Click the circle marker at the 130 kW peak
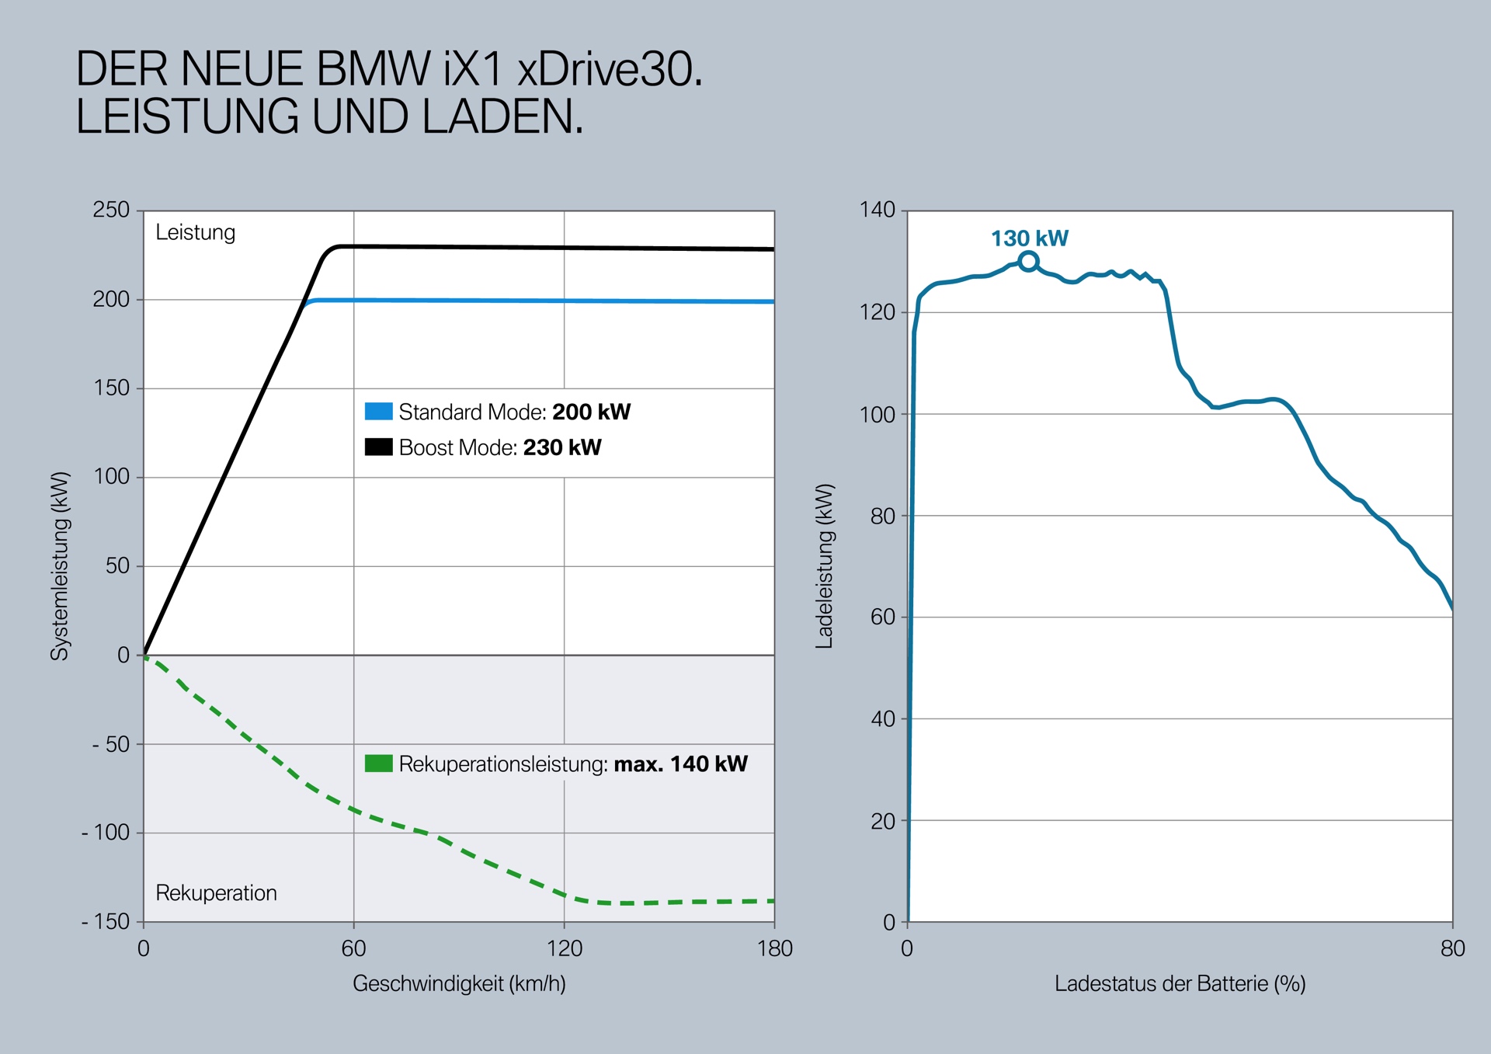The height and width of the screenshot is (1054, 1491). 1028,262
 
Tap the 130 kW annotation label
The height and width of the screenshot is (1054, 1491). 1029,238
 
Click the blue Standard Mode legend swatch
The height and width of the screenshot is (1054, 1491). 378,411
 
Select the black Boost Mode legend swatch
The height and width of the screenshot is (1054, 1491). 378,447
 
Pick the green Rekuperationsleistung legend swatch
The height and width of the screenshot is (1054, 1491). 378,764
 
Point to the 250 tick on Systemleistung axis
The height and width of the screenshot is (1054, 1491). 111,210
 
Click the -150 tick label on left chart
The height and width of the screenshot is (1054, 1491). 106,922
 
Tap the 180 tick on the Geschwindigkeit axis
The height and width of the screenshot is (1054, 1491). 774,948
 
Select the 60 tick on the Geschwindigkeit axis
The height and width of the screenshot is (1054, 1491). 353,948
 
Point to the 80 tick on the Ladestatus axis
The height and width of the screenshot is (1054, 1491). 1452,948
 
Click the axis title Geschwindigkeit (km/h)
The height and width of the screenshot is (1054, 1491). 459,984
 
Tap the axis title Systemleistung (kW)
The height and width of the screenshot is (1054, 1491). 60,566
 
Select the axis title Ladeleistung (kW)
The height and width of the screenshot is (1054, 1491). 824,566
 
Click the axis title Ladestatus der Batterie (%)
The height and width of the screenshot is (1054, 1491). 1180,984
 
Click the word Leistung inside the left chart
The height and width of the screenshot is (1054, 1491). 195,232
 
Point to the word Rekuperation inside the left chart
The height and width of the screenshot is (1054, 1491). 216,893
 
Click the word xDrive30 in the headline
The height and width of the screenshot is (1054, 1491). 610,69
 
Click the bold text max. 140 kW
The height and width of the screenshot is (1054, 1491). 680,764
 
